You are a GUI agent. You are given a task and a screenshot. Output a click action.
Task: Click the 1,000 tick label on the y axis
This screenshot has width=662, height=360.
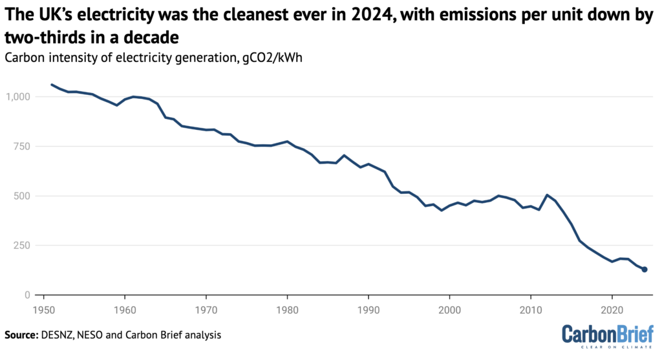[x=17, y=97]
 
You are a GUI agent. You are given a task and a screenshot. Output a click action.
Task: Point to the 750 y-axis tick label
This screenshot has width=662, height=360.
[x=21, y=147]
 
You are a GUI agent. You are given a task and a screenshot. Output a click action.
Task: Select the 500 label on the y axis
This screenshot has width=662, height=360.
[x=21, y=196]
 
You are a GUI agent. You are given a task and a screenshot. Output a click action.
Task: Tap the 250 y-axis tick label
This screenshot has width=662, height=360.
[x=21, y=246]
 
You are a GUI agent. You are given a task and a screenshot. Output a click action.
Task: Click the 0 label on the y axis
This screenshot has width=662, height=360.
[x=27, y=295]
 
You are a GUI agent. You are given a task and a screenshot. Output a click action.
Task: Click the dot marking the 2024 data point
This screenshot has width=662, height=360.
[x=645, y=270]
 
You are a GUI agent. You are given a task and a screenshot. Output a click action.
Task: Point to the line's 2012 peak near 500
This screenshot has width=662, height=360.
[x=547, y=195]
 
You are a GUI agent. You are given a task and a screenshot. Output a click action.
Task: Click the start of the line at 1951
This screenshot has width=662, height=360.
[x=52, y=85]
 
